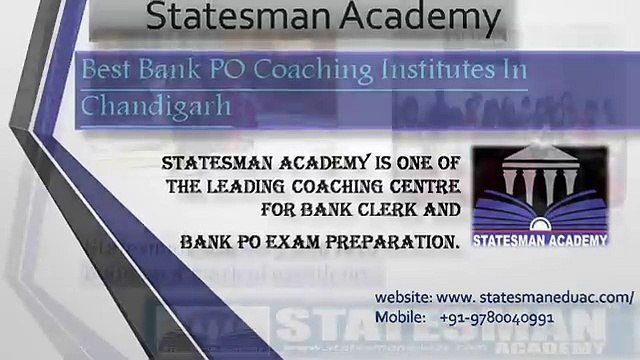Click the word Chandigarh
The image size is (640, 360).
(154, 103)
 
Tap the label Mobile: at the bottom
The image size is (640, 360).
(400, 315)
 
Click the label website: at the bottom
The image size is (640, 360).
(403, 298)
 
